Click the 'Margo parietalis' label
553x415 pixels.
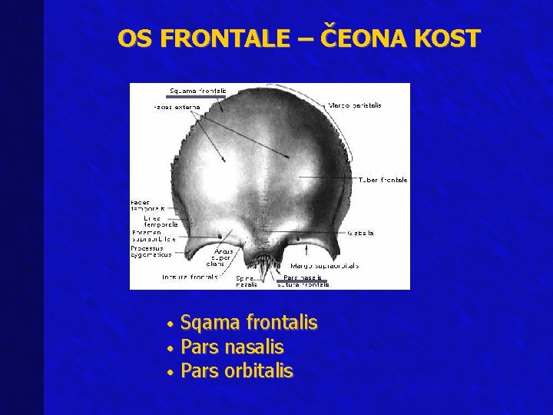354,105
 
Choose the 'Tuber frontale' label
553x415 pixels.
382,180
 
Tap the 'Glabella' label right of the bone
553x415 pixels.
360,232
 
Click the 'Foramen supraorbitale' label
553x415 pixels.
154,235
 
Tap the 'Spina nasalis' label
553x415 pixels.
247,281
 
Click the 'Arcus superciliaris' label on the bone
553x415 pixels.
224,257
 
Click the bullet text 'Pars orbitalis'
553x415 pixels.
237,371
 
